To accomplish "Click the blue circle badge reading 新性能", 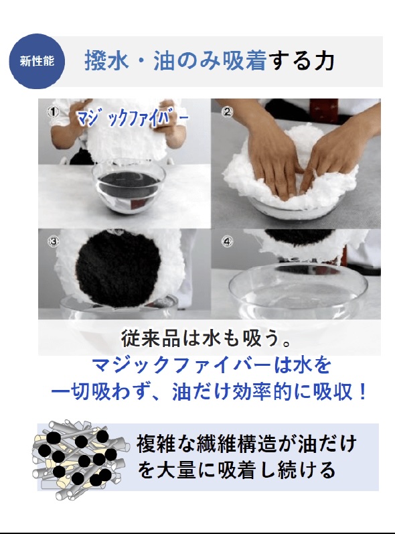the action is (x=37, y=61).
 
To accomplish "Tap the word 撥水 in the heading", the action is (x=106, y=60).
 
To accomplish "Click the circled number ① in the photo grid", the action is (x=53, y=112).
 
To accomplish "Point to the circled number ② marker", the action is (x=227, y=112).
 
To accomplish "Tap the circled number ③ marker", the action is (x=53, y=241).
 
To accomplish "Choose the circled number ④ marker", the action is (x=227, y=241).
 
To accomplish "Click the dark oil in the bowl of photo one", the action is (x=129, y=186).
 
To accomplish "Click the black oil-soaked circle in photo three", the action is (x=117, y=268).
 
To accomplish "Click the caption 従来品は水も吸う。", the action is (x=206, y=338).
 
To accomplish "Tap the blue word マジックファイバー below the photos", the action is (x=181, y=365).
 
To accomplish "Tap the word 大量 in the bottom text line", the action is (x=176, y=470).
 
